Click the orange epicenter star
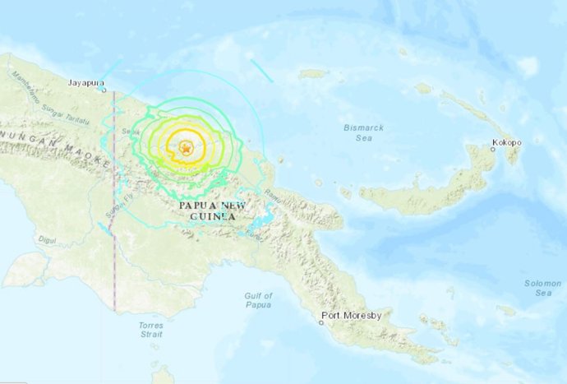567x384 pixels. tap(187, 149)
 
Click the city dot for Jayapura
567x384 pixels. tap(103, 90)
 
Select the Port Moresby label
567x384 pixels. tap(348, 313)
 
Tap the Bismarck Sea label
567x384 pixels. tap(362, 132)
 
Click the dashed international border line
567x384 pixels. tap(113, 263)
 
